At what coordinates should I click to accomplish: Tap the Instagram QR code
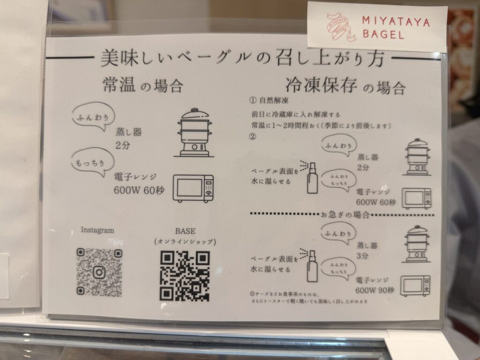tap(99, 272)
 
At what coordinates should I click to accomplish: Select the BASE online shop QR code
tap(185, 276)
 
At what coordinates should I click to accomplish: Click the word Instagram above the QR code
tap(97, 230)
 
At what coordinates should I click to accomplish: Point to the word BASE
tap(185, 231)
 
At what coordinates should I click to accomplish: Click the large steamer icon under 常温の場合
tap(195, 133)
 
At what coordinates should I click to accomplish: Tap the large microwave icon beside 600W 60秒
tap(193, 188)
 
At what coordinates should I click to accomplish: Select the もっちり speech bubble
tap(93, 163)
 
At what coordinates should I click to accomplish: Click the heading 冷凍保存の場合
tap(345, 86)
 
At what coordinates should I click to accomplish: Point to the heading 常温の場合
tap(143, 85)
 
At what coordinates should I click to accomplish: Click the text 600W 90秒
tap(375, 290)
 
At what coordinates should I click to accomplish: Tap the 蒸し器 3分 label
tap(367, 250)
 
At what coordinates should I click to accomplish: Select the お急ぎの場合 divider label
tap(345, 214)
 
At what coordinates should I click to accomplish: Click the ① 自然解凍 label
tap(269, 100)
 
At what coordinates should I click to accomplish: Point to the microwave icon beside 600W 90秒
tap(415, 285)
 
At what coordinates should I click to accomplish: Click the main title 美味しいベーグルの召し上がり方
tap(242, 58)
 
